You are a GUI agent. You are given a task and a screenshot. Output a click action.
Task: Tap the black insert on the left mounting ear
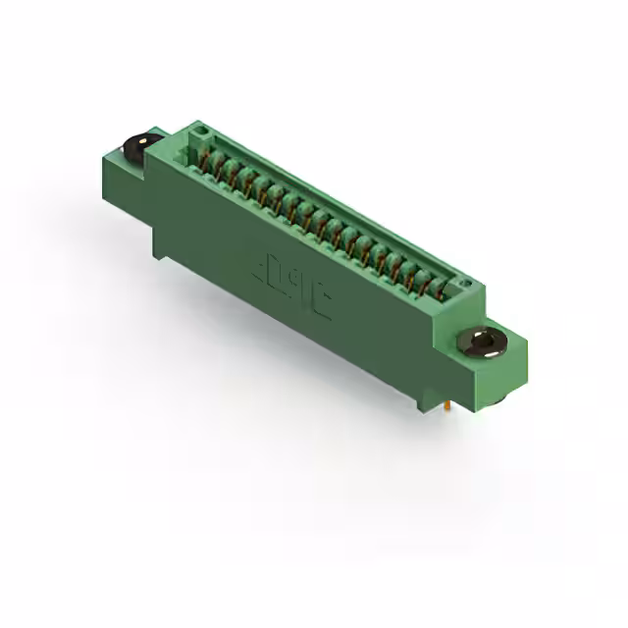140,147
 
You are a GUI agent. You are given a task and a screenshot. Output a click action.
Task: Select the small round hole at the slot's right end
466,286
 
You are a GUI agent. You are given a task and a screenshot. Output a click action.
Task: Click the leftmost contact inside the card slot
208,157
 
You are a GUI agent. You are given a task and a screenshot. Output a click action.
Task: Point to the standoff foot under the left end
157,245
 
